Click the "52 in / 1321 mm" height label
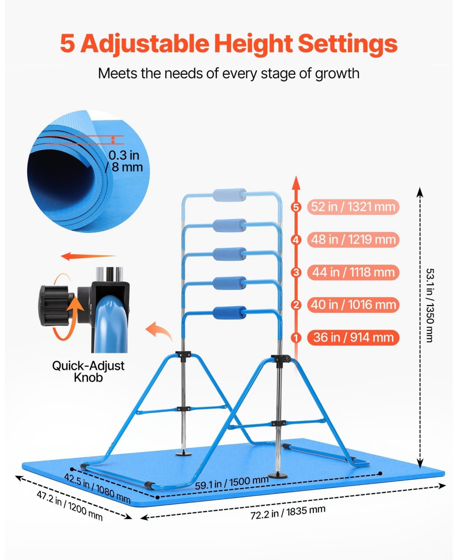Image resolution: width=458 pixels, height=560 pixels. pos(353,207)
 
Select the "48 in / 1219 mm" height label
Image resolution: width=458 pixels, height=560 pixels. pos(353,239)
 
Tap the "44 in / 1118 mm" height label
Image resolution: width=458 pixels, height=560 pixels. pos(353,272)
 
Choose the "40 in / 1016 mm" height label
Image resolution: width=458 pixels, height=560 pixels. pos(353,305)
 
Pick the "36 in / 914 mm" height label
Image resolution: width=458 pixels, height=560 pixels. pos(353,337)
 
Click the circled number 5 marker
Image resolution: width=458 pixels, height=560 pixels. pos(296,207)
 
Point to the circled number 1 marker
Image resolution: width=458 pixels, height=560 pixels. pos(296,338)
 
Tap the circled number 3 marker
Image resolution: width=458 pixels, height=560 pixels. pos(296,273)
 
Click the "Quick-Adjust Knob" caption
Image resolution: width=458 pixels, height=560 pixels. pos(88,371)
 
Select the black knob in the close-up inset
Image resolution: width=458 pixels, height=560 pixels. pos(56,305)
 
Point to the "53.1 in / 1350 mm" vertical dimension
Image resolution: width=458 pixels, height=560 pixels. pos(429,305)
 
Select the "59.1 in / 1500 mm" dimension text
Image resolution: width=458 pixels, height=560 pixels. pos(232,483)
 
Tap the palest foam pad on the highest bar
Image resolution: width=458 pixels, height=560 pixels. pos(229,195)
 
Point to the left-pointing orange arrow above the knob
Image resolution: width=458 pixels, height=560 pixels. pos(88,256)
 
